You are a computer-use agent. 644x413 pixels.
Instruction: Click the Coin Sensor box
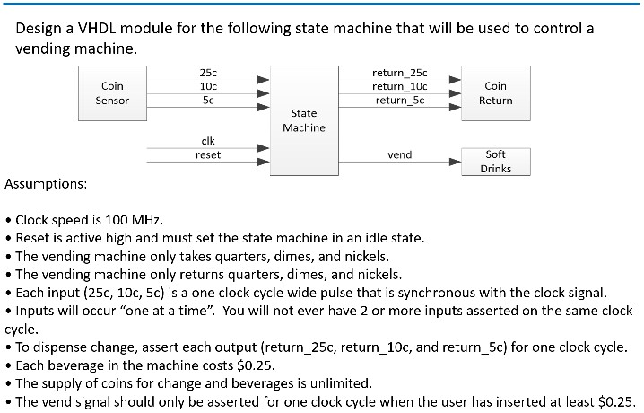click(112, 92)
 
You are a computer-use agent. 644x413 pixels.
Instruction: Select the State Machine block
click(304, 120)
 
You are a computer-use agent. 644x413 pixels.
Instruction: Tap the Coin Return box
click(495, 92)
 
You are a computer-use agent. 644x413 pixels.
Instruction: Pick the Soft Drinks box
click(495, 161)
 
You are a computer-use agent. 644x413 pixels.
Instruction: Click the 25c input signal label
click(207, 72)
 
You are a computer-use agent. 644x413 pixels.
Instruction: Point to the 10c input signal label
click(207, 86)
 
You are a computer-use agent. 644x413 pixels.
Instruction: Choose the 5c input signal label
click(207, 101)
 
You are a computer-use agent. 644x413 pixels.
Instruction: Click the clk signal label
click(207, 141)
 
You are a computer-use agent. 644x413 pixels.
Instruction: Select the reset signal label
click(207, 155)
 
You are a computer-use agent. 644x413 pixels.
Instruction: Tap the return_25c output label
click(399, 72)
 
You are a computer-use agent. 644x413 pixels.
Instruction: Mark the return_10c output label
click(399, 86)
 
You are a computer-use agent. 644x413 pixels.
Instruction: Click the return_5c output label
click(399, 101)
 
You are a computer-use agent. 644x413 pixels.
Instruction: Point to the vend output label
click(399, 155)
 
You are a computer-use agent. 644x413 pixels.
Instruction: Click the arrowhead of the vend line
click(454, 163)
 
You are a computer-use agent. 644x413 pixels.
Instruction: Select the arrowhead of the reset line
click(263, 163)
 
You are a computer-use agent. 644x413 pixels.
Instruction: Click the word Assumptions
click(46, 183)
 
